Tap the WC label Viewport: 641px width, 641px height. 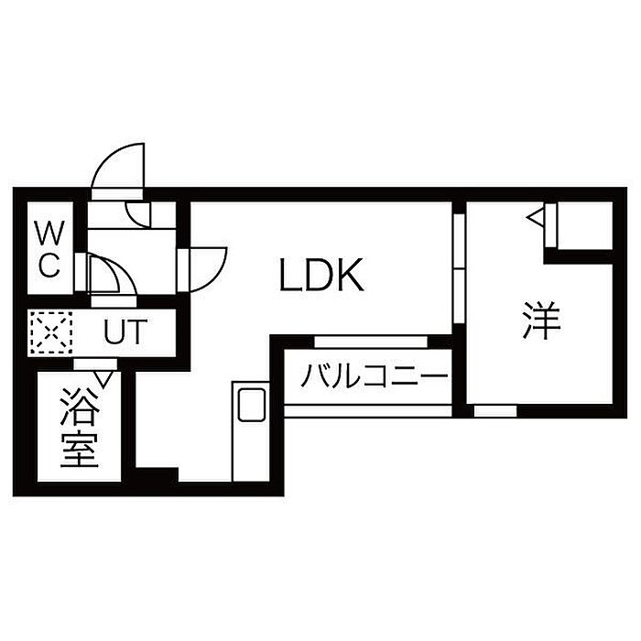click(48, 249)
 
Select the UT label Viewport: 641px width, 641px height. click(124, 331)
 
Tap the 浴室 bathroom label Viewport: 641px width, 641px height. click(80, 428)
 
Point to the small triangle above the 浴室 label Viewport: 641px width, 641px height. click(104, 376)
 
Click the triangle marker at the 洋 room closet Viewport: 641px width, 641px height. click(536, 217)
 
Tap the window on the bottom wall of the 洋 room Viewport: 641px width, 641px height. click(494, 411)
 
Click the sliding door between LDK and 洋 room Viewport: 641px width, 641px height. click(458, 270)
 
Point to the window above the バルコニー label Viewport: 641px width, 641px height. click(371, 341)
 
